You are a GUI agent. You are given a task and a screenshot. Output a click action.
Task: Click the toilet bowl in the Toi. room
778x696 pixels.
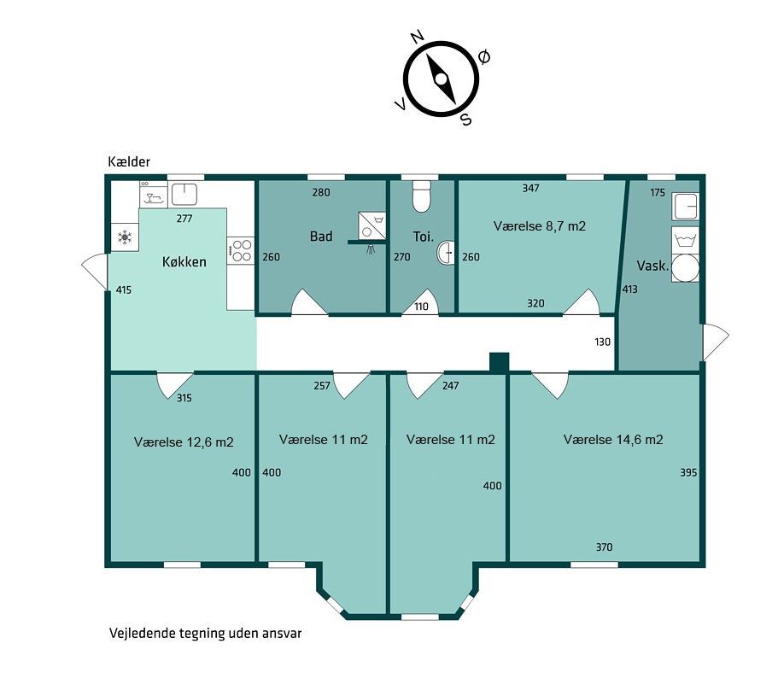[421, 196]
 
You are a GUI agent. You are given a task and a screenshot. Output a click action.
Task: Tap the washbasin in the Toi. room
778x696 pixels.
[446, 253]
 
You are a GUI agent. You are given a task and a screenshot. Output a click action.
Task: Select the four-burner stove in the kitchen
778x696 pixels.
[241, 250]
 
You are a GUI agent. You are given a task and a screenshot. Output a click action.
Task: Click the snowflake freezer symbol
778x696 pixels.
[125, 237]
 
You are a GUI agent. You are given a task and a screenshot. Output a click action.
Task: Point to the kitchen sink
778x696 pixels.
[184, 194]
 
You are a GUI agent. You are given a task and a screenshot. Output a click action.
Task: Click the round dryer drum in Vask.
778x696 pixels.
[685, 268]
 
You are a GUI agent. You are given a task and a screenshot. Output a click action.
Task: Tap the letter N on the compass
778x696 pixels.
[418, 36]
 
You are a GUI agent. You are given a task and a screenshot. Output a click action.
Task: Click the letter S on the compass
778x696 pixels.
[466, 119]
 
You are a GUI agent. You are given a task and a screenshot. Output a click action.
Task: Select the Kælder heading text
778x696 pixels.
[129, 161]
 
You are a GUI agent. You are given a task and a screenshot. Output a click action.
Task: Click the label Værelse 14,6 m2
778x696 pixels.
[613, 440]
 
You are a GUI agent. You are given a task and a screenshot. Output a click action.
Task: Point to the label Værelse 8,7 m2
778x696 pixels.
[540, 226]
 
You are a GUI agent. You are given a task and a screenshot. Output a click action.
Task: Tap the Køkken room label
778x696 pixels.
[184, 261]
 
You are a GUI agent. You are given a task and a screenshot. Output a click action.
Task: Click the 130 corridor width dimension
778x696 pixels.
[602, 342]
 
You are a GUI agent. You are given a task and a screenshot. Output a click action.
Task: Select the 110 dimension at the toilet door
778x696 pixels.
[421, 307]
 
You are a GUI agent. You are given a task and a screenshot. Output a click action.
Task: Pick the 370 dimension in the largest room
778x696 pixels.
[604, 547]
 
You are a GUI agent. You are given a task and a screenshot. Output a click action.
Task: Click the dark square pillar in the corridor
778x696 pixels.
[499, 362]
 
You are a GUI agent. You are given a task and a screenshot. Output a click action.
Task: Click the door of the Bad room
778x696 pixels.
[308, 302]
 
